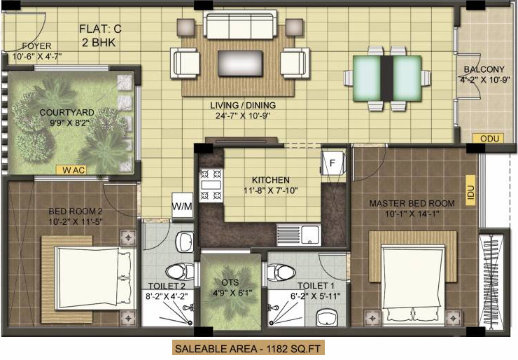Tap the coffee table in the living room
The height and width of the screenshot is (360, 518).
[x=239, y=63]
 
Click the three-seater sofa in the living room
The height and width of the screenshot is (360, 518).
[x=238, y=27]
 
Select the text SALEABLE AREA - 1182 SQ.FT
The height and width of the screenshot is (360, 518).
[x=248, y=347]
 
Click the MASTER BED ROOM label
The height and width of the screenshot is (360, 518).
[x=412, y=203]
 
